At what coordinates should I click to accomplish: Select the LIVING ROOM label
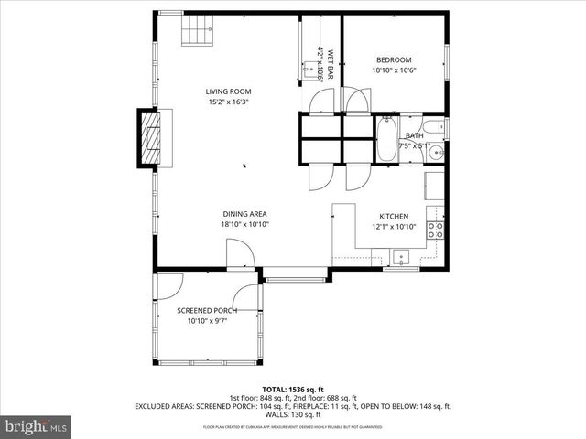(x=228, y=91)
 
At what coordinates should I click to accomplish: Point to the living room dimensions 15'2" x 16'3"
(x=228, y=102)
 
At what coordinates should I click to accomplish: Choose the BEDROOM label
(x=393, y=59)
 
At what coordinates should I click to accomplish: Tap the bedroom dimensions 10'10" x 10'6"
(x=393, y=70)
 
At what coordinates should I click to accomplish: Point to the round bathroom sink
(x=437, y=153)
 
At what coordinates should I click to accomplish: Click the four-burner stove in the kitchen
(x=437, y=229)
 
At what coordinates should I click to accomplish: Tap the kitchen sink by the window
(x=400, y=253)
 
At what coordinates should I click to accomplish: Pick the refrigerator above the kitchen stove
(x=435, y=186)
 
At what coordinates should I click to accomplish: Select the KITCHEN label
(x=394, y=216)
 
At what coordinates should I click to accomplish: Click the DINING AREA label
(x=244, y=213)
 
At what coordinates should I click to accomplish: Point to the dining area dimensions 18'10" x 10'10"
(x=244, y=224)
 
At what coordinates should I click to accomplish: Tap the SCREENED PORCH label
(x=207, y=311)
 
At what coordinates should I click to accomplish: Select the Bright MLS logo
(x=37, y=426)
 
